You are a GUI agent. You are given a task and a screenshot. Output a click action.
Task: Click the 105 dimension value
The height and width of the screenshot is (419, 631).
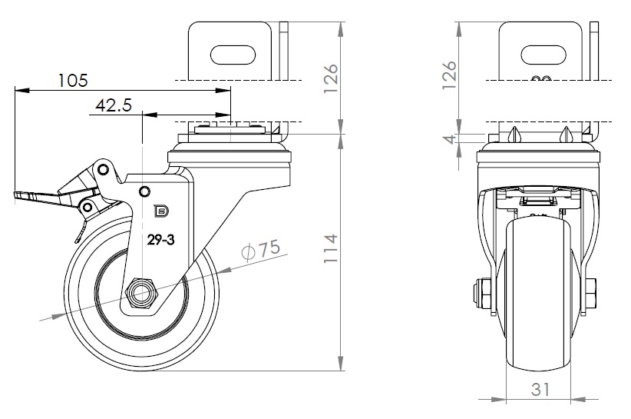[73, 79]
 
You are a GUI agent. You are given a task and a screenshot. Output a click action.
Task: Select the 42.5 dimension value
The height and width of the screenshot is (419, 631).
[113, 105]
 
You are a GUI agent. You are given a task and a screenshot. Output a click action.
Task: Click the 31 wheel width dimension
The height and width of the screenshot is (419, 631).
[540, 389]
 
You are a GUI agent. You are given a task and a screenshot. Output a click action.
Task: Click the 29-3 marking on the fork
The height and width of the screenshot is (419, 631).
[161, 240]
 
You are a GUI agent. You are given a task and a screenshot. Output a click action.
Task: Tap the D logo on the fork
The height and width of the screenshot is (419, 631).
[161, 210]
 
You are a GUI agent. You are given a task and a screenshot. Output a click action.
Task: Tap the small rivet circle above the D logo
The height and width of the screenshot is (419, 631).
[144, 191]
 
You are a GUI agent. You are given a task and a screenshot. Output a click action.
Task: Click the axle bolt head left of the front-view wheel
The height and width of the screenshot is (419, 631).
[487, 294]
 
